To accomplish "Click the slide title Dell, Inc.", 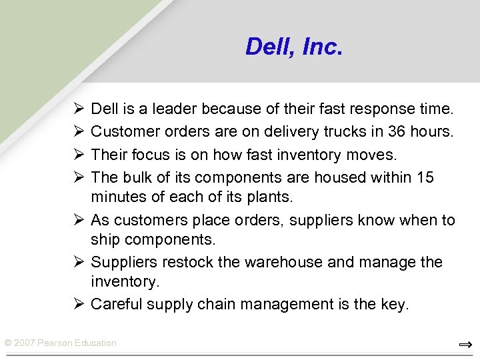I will (293, 47).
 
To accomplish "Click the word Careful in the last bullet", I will (115, 305).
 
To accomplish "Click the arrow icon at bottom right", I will (465, 345).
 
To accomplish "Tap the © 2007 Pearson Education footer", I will (61, 343).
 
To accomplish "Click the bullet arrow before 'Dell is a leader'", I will (79, 109).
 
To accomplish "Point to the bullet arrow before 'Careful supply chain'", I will (79, 305).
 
